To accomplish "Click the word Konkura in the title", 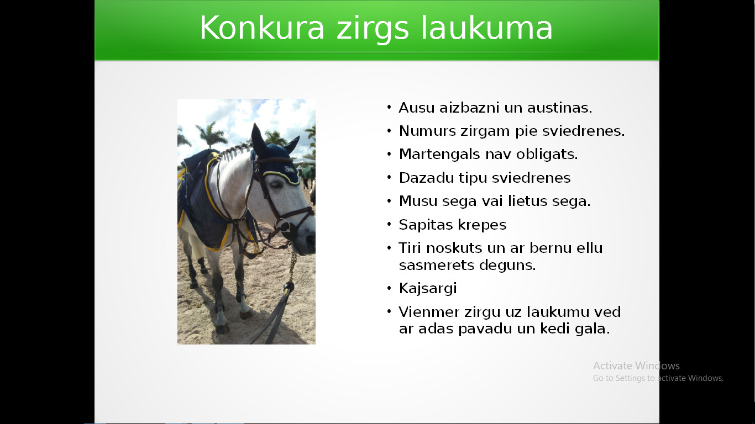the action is (262, 28).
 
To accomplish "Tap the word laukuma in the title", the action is (487, 28).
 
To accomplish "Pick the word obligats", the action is (547, 154).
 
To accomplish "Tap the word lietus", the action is (528, 201).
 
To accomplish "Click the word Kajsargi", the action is (428, 289).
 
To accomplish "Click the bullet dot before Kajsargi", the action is (389, 288).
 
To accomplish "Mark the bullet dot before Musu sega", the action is (389, 201).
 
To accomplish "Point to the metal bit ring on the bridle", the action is (284, 226).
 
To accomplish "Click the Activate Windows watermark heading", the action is (636, 365).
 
